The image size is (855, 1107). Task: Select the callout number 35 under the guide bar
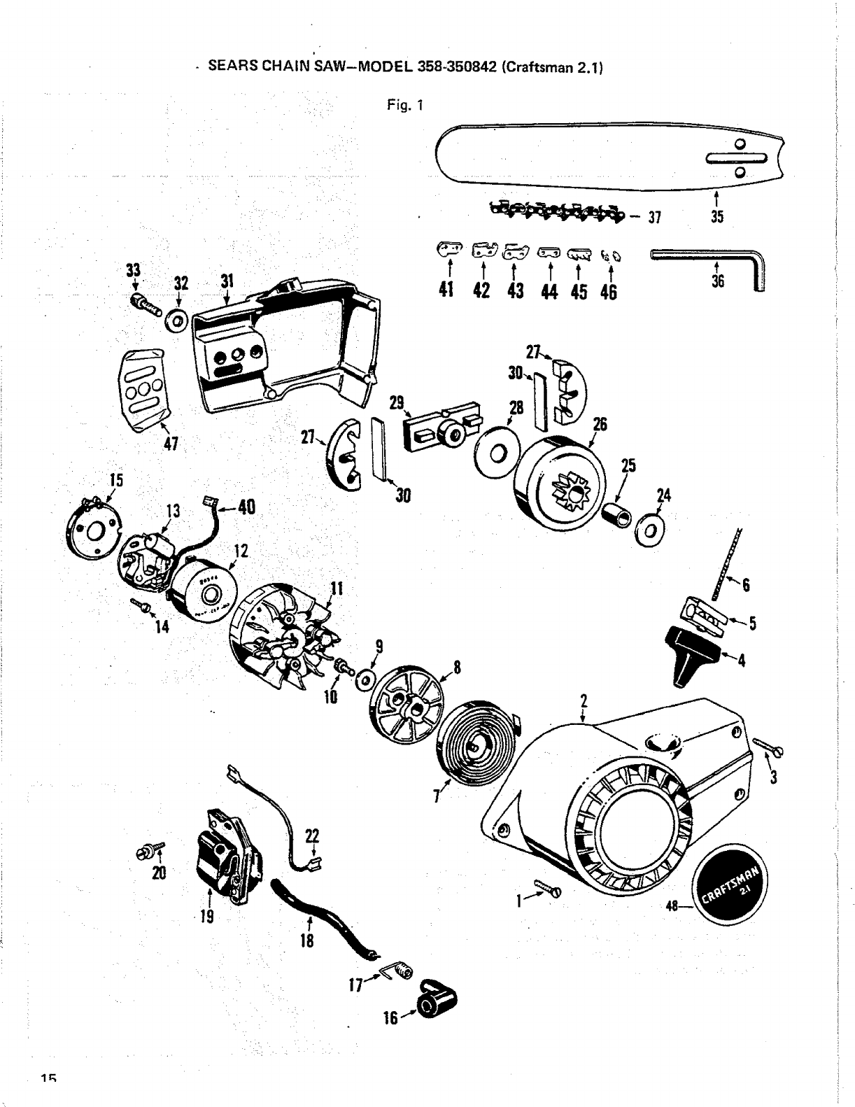(x=716, y=216)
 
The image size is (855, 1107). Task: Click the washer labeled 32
(x=176, y=321)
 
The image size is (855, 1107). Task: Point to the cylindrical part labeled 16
(x=434, y=1006)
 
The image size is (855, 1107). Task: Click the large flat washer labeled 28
(x=497, y=453)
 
